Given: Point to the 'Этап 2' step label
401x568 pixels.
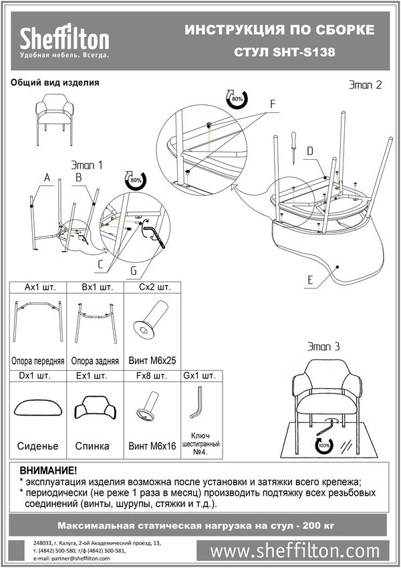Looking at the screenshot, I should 366,85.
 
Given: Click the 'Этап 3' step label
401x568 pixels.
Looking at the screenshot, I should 323,347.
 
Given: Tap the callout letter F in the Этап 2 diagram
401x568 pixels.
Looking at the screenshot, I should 273,104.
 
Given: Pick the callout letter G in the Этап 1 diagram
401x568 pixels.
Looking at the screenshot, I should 134,270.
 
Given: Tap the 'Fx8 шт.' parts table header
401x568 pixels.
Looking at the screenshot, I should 151,376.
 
